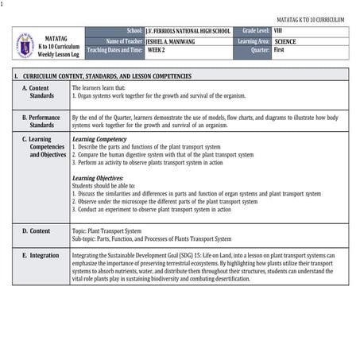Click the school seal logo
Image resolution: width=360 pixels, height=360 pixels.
coord(25,45)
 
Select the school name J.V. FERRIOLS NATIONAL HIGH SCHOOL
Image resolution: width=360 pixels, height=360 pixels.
coord(188,31)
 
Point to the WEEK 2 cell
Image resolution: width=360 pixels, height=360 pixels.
coord(157,49)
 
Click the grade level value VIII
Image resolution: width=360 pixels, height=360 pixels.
coord(278,31)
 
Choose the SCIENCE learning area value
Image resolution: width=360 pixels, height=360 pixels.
coord(285,41)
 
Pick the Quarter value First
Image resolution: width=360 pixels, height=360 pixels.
coord(279,49)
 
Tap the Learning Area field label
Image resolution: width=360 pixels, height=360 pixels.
coord(254,41)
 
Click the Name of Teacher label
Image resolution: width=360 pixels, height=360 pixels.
coord(124,41)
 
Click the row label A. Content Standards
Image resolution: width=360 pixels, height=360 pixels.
coord(41,91)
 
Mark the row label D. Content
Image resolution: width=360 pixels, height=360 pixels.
coord(36,230)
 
